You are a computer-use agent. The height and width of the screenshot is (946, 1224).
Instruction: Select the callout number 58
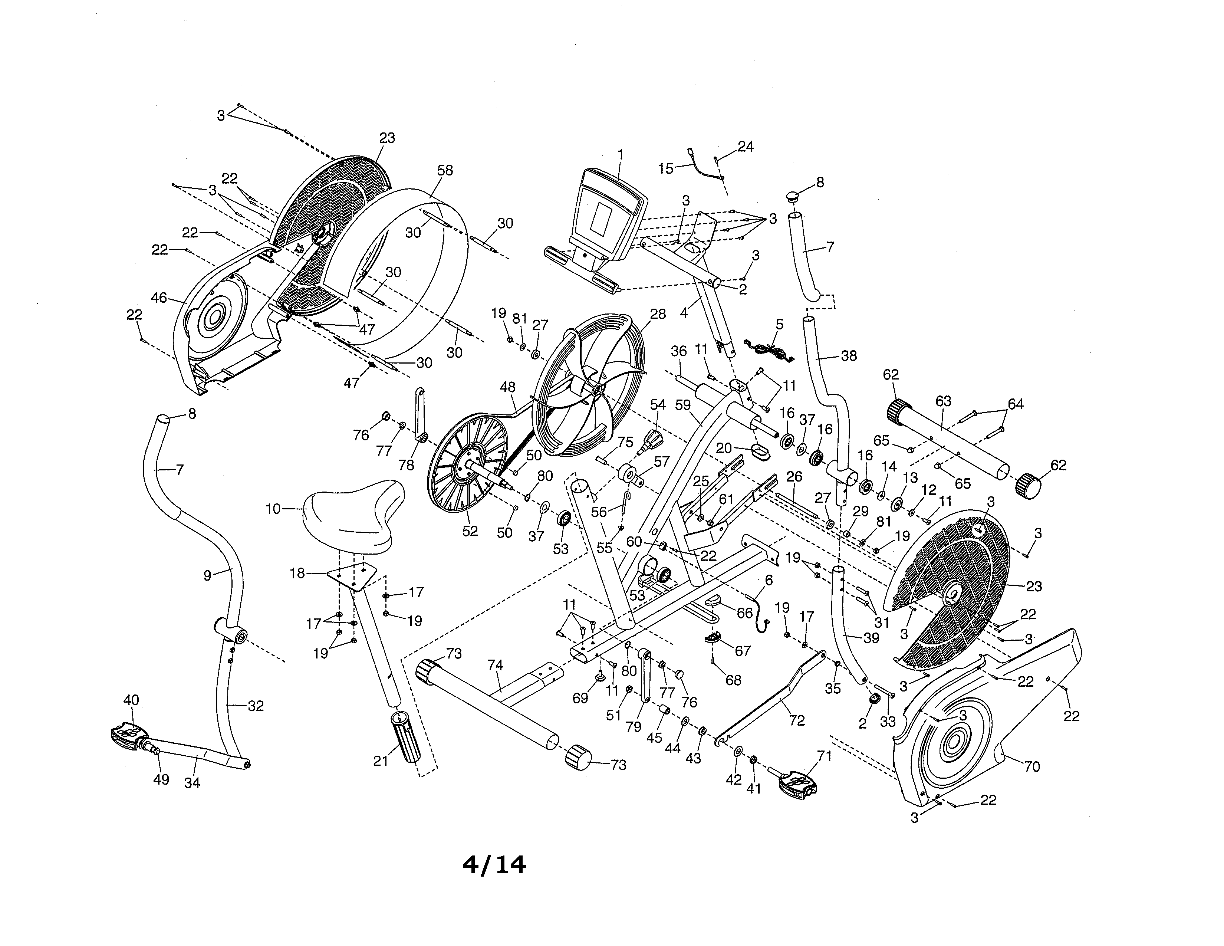[445, 170]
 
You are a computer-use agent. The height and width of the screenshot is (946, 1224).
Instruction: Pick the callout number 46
[159, 298]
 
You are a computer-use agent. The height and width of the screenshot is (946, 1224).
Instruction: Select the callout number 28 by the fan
[658, 314]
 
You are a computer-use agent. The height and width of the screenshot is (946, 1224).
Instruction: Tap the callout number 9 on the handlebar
[207, 575]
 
